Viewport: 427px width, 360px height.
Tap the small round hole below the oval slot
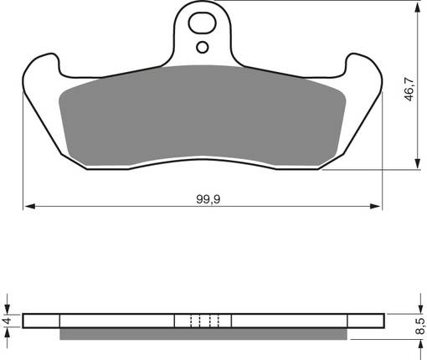(202, 47)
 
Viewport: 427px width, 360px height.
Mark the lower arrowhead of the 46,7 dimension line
(416, 166)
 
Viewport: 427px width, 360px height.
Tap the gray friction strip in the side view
(202, 334)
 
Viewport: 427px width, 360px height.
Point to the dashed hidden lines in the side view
(203, 321)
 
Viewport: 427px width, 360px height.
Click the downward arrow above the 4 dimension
(7, 306)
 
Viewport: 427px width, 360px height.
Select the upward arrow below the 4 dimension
(7, 334)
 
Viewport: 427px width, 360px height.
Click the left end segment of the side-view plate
(42, 321)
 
